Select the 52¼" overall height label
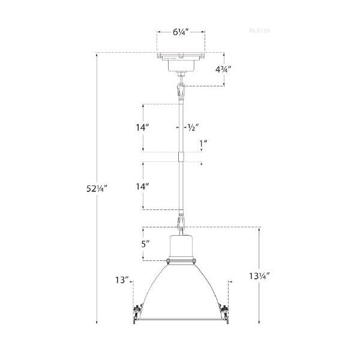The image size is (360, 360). click(x=96, y=188)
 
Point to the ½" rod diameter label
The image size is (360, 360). click(x=192, y=128)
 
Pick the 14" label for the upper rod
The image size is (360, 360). click(x=142, y=128)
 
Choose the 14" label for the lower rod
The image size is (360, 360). click(x=142, y=187)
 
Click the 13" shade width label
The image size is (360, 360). click(x=122, y=280)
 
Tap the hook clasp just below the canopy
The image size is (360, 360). click(x=180, y=91)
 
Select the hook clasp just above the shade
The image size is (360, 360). click(x=180, y=226)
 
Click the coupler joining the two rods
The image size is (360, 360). click(x=180, y=157)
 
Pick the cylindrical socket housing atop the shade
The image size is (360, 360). click(x=180, y=247)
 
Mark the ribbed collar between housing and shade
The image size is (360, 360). click(x=180, y=260)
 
